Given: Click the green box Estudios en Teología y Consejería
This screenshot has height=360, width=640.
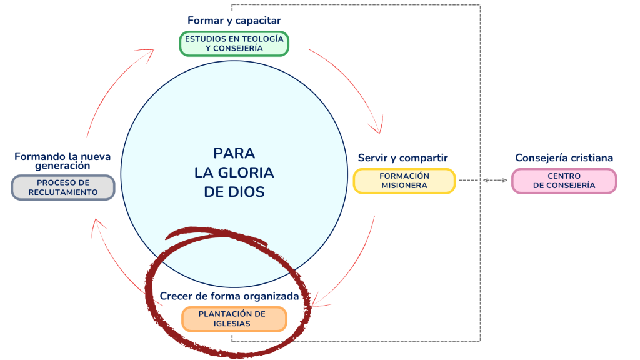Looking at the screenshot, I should [234, 43].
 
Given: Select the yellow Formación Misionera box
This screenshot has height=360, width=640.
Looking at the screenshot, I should [404, 181].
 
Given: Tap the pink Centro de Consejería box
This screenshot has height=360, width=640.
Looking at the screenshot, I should [564, 181].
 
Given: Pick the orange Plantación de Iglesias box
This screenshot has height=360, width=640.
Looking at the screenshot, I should [233, 319].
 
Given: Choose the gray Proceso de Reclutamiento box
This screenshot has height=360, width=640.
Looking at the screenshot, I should [63, 187].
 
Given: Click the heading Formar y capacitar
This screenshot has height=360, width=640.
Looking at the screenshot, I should [234, 21].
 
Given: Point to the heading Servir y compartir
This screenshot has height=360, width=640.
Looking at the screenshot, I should [402, 157].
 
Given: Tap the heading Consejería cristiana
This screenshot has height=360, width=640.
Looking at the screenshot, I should [564, 157].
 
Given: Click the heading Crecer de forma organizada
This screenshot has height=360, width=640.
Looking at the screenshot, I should [234, 296].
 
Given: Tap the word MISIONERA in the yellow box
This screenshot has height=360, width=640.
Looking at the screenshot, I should [404, 186].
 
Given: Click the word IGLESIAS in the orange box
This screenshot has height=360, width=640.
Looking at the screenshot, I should [233, 324].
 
